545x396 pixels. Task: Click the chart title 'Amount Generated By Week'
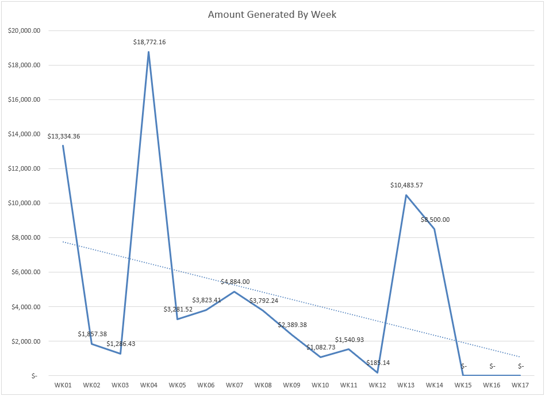[x=272, y=14]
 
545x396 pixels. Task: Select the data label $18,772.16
[x=148, y=43]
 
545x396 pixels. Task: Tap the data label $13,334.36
[x=64, y=136]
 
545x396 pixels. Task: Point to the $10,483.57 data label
[x=406, y=186]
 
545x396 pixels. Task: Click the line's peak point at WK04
[x=148, y=52]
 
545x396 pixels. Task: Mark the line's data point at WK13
[x=406, y=195]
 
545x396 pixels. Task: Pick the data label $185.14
[x=378, y=363]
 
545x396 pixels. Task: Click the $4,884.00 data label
[x=235, y=282]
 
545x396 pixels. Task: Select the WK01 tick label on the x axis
[x=63, y=385]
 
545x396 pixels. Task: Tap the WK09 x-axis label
[x=291, y=385]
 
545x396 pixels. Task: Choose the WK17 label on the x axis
[x=520, y=385]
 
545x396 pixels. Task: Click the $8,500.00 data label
[x=435, y=220]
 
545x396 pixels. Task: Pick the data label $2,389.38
[x=292, y=325]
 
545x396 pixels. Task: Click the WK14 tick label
[x=435, y=385]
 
